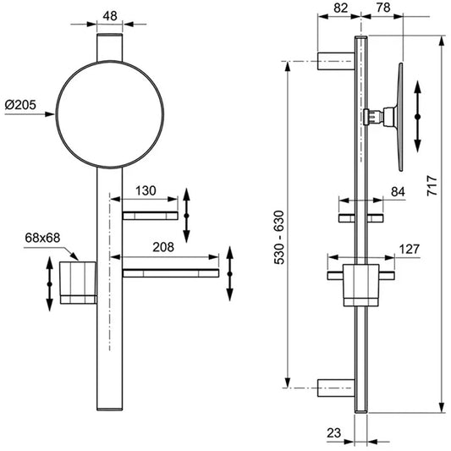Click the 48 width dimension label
[110, 16]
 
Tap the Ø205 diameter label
[20, 105]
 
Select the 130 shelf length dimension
[146, 190]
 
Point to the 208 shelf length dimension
[163, 247]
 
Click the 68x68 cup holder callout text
[42, 238]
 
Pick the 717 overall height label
[432, 186]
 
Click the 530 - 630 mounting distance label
[279, 238]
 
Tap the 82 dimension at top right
[341, 8]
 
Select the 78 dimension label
[383, 8]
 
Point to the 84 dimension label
[398, 192]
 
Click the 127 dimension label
[410, 249]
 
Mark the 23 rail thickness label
[333, 433]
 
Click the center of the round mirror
[110, 114]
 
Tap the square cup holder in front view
[78, 283]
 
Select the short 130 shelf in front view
[150, 216]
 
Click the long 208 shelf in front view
[171, 273]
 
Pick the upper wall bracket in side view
[336, 61]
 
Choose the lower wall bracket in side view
[336, 388]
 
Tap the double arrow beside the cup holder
[49, 284]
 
